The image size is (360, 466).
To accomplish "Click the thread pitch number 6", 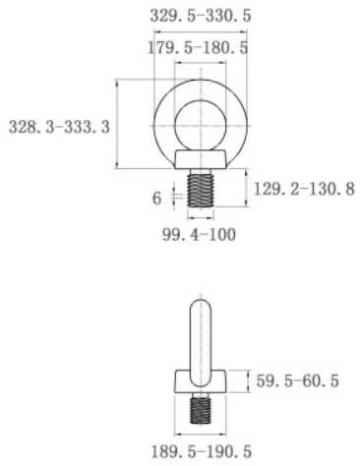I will click(x=156, y=198).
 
